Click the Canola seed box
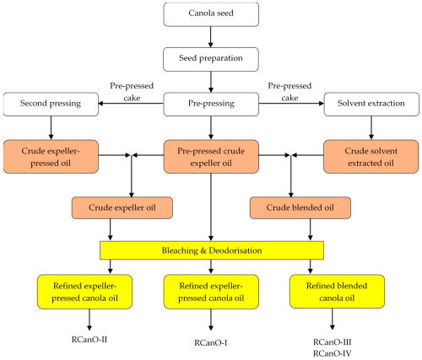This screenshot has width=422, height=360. pos(211,14)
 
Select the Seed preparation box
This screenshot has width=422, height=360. pos(211,59)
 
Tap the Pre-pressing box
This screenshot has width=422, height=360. pos(211,104)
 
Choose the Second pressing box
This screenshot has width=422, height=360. pos(51,104)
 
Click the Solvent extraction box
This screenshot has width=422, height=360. pos(371,104)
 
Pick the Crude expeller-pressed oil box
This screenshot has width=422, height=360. pos(51,157)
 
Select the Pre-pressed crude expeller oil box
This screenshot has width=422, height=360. pos(211,157)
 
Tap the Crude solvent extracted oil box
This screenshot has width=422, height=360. pos(371,157)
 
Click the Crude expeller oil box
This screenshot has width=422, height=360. pos(122,207)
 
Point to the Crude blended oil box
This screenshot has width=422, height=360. pos(300,207)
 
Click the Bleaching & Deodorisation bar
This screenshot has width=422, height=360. pos(212,250)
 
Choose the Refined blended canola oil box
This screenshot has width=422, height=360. pos(337,292)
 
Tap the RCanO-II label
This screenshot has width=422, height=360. pos(89,340)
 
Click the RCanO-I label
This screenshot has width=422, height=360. pos(211,343)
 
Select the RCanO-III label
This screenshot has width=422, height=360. pos(333,342)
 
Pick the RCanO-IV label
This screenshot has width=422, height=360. pos(333,353)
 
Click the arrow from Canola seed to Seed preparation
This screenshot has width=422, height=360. pos(211,37)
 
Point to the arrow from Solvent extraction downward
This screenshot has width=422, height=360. pos(371,128)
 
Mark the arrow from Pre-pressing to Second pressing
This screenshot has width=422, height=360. pos(131,104)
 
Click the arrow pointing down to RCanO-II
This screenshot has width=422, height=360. pos(89,320)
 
